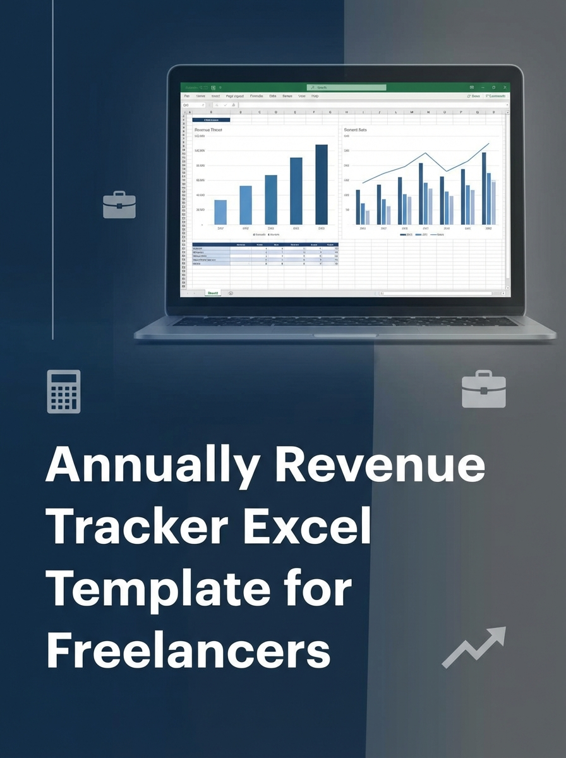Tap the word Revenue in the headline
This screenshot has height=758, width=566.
[x=382, y=466]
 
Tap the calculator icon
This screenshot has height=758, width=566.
[x=64, y=392]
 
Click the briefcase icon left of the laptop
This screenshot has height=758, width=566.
[x=119, y=205]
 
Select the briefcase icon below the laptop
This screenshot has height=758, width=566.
[x=483, y=389]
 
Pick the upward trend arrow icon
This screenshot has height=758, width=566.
[x=474, y=647]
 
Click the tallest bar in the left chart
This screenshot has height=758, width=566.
[x=322, y=184]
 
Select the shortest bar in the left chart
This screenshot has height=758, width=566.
[x=220, y=212]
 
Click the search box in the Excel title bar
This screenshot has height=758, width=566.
[x=346, y=88]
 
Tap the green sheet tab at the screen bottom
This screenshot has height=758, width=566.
[x=214, y=293]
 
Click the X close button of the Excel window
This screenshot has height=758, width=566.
[x=503, y=88]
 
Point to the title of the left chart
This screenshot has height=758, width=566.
[x=208, y=130]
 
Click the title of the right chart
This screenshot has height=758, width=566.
[x=355, y=130]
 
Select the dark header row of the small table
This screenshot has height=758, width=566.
[x=265, y=244]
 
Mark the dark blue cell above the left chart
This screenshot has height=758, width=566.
[x=211, y=119]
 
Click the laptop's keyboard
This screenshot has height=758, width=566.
[x=344, y=322]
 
